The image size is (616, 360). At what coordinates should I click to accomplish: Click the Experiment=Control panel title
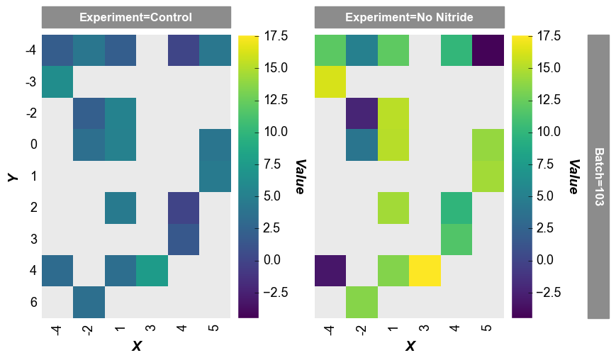tap(136, 17)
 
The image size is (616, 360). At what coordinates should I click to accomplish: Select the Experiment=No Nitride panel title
tap(409, 17)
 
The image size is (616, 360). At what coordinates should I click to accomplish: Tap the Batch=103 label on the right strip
tap(598, 176)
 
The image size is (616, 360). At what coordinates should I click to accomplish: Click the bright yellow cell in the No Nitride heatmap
tap(425, 271)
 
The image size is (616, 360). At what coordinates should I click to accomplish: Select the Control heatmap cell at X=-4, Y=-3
tap(57, 81)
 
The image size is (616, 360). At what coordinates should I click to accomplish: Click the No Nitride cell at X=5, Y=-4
tap(488, 50)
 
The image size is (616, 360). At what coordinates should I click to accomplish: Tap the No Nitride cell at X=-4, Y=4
tap(330, 271)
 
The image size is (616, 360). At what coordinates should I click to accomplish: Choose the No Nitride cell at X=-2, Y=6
tap(362, 303)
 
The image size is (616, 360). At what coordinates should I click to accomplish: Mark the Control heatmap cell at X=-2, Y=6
tap(89, 303)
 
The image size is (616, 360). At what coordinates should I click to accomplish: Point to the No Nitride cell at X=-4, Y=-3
tap(330, 81)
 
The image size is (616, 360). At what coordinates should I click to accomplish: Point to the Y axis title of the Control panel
tap(12, 176)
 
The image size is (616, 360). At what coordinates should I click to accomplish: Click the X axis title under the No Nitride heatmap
tap(410, 346)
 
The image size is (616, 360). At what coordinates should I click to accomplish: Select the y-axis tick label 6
tap(31, 303)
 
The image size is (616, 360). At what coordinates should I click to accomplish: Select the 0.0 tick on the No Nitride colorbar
tap(547, 260)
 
